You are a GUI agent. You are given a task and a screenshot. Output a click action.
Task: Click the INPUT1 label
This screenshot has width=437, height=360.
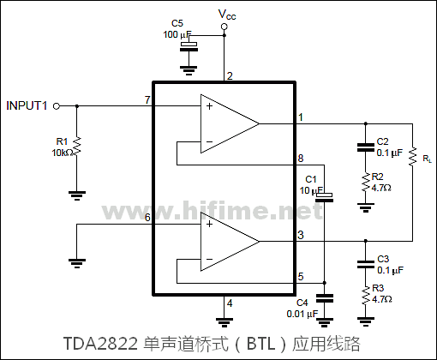[27, 105]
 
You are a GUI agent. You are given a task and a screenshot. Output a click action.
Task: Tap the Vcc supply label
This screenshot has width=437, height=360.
[227, 14]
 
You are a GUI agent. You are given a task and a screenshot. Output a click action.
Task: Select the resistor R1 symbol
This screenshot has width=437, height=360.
[76, 146]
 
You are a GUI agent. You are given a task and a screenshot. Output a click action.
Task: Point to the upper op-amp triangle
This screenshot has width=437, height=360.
[228, 123]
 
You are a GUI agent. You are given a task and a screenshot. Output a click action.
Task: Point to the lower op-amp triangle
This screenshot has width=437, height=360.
[228, 240]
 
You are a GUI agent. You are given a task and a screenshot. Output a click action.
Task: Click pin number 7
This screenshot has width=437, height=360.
[147, 100]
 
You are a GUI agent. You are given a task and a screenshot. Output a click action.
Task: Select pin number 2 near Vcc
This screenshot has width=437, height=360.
[230, 77]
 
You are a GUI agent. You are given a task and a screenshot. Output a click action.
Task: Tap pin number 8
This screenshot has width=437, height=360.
[300, 159]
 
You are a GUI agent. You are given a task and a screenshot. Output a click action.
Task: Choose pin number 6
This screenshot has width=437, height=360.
[147, 218]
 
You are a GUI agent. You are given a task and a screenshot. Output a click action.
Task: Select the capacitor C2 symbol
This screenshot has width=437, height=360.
[366, 147]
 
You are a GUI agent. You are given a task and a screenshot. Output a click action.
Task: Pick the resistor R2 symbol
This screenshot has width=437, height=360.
[366, 181]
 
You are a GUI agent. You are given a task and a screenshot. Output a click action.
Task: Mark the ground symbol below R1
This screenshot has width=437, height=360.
[76, 195]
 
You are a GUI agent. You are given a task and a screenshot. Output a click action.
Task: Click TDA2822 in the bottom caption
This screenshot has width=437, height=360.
[99, 344]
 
